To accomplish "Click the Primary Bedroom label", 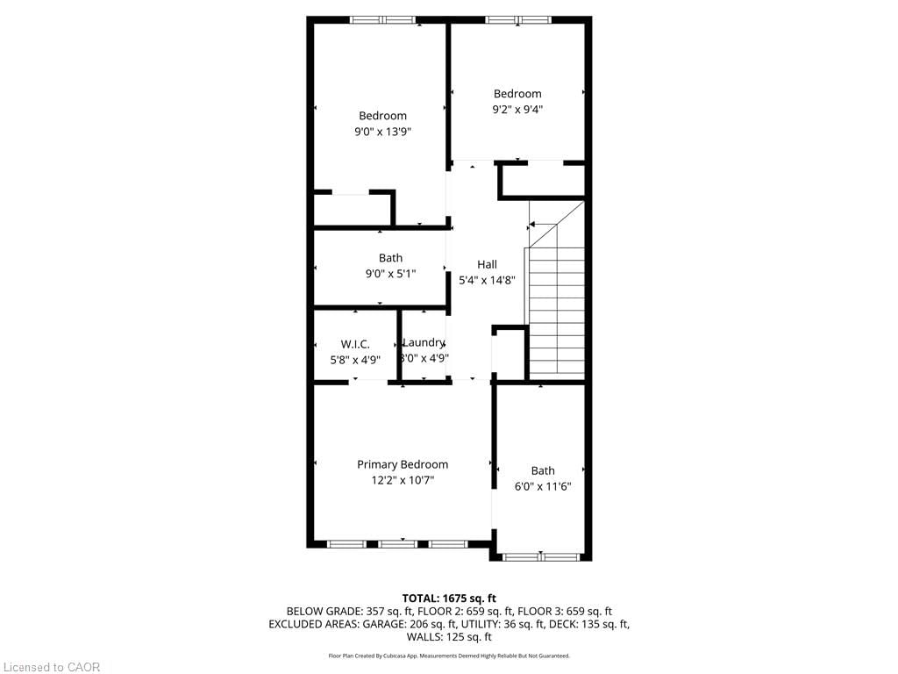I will (x=402, y=464).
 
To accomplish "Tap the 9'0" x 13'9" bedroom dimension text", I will (x=382, y=132).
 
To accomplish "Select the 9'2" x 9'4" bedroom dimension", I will (x=517, y=110).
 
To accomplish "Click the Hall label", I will (x=487, y=264).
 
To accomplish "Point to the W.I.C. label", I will (x=355, y=343).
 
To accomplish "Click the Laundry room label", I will (x=424, y=342).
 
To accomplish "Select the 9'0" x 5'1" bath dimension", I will (x=390, y=273).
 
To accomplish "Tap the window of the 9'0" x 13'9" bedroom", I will (x=382, y=19).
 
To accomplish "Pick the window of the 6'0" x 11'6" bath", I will (x=542, y=556).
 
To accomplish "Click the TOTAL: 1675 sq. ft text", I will (x=449, y=598).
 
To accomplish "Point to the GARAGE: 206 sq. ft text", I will (x=411, y=624).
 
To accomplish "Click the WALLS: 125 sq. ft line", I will (x=449, y=637).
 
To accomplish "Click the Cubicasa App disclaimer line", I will (x=449, y=656).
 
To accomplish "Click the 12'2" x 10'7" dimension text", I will (x=402, y=480).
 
